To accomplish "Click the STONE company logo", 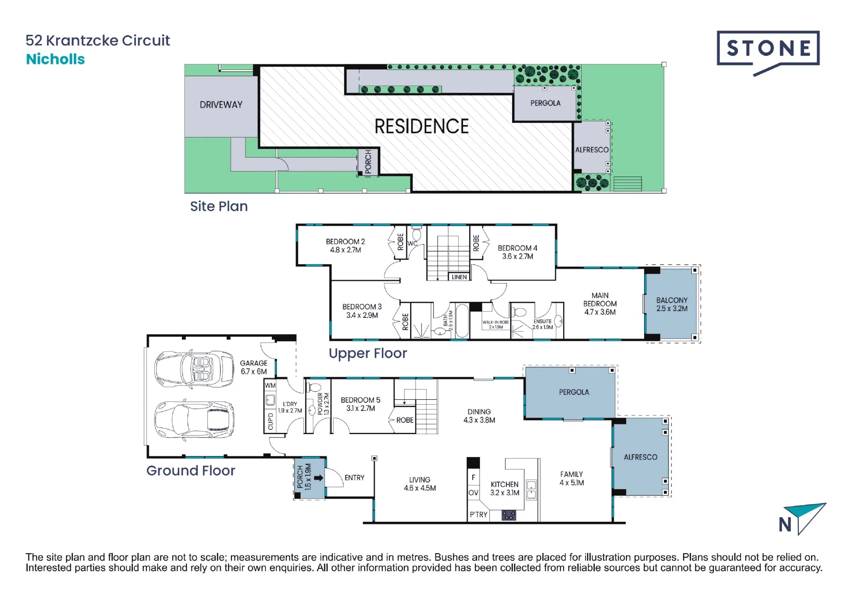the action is (768, 52).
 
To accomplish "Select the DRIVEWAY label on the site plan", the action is (221, 105).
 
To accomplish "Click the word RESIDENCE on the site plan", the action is (421, 126).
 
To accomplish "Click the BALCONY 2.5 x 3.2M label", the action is (672, 304).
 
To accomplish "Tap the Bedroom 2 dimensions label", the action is (346, 250).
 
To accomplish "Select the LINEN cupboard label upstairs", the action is (459, 277).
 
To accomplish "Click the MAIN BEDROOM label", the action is (600, 304).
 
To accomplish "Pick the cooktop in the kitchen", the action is (509, 515).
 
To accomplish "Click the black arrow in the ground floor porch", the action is (319, 478).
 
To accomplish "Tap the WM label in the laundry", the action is (270, 386).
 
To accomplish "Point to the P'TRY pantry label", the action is (478, 515).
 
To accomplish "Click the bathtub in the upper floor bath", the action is (462, 321).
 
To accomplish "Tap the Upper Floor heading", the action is (368, 354).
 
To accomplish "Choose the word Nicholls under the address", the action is (56, 59).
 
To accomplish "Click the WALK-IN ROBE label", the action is (496, 325).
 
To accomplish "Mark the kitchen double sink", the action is (531, 490).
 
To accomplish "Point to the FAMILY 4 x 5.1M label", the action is (572, 479).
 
